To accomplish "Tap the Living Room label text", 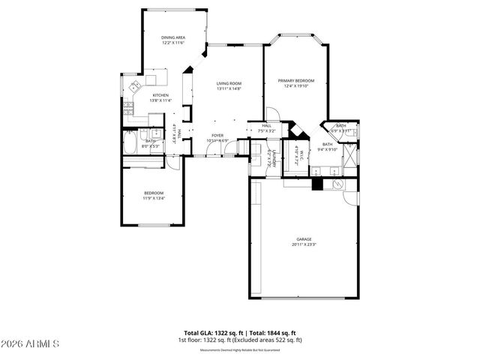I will pos(228,83).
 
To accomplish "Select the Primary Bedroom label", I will pos(295,81).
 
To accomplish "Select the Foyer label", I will pos(217,136).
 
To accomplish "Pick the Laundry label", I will pos(274,159).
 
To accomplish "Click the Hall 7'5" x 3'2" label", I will pos(266,128).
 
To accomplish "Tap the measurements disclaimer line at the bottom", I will pos(239,350).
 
